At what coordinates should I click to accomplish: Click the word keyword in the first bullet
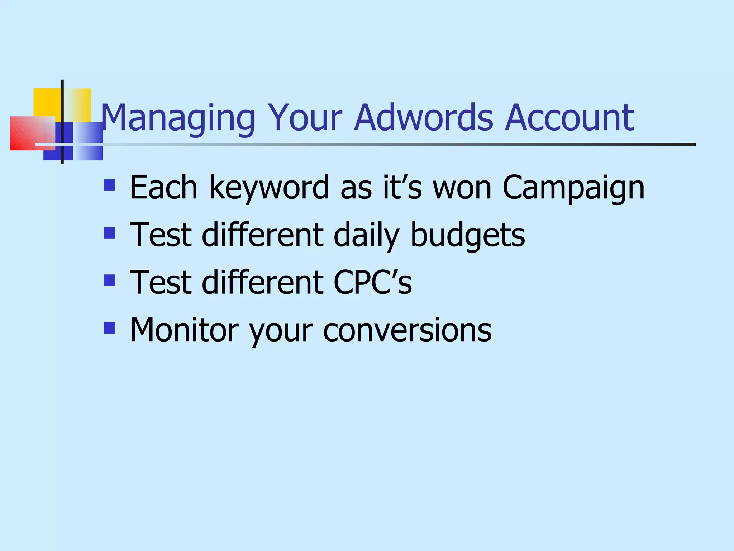coord(269,187)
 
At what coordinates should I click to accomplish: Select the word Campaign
coord(573,188)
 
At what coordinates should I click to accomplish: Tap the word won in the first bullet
coord(462,188)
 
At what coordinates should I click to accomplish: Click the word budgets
coord(468,235)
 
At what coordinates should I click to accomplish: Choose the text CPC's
coord(373,282)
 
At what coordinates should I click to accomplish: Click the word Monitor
coord(184,330)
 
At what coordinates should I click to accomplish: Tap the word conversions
coord(407,330)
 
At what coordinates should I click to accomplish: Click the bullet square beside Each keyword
coord(110,185)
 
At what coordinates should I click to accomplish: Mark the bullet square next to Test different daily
coord(110,233)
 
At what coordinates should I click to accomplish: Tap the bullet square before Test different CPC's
coord(110,280)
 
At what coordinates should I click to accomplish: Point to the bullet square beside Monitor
coord(110,328)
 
